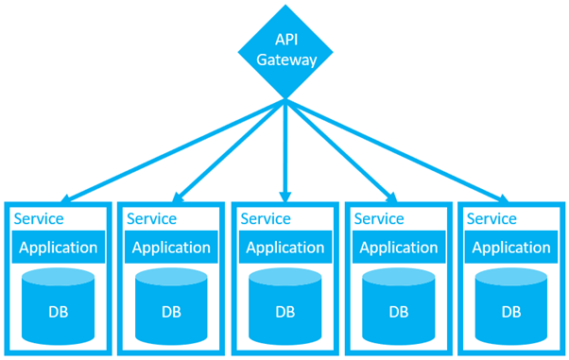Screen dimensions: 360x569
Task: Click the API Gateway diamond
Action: coord(284,50)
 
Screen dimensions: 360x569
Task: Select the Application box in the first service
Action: coord(58,248)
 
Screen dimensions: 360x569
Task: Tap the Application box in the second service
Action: coord(171,248)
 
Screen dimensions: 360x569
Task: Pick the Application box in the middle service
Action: coord(284,248)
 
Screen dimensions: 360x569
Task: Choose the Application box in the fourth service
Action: coord(398,248)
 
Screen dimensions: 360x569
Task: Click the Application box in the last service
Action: coord(511,248)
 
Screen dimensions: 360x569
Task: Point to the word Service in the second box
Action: coord(151,218)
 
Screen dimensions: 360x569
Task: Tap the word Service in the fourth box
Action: coord(378,218)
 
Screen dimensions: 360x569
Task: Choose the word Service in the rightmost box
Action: coord(491,218)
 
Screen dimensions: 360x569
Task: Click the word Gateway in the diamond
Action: coord(284,60)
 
